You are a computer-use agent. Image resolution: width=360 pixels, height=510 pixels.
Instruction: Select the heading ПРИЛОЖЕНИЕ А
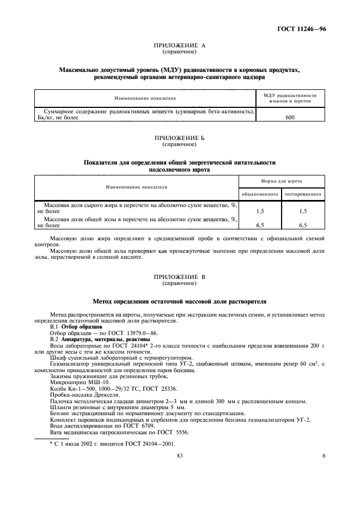pyautogui.click(x=180, y=46)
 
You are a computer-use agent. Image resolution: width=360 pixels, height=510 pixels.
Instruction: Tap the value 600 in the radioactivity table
pyautogui.click(x=290, y=117)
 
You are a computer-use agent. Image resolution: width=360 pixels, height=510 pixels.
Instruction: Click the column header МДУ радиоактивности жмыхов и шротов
pyautogui.click(x=290, y=98)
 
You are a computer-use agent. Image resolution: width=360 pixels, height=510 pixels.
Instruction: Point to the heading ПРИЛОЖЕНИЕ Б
pyautogui.click(x=180, y=139)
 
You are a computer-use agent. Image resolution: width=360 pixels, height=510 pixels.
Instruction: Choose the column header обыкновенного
pyautogui.click(x=260, y=194)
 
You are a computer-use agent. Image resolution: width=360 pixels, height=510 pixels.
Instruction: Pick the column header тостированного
pyautogui.click(x=303, y=194)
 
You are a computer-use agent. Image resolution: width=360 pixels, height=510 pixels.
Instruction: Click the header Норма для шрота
pyautogui.click(x=282, y=180)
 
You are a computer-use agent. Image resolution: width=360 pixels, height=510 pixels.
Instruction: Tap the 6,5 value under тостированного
pyautogui.click(x=303, y=224)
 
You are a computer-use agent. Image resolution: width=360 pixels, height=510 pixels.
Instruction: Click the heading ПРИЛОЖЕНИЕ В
pyautogui.click(x=180, y=277)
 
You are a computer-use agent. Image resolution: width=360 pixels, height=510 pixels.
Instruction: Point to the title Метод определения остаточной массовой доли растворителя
pyautogui.click(x=180, y=301)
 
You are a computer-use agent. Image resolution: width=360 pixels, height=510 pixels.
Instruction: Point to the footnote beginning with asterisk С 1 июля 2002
pyautogui.click(x=101, y=444)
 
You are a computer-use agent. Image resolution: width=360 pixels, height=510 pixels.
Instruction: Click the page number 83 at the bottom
pyautogui.click(x=179, y=457)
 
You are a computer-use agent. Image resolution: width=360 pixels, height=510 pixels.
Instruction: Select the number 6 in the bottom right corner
pyautogui.click(x=323, y=457)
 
